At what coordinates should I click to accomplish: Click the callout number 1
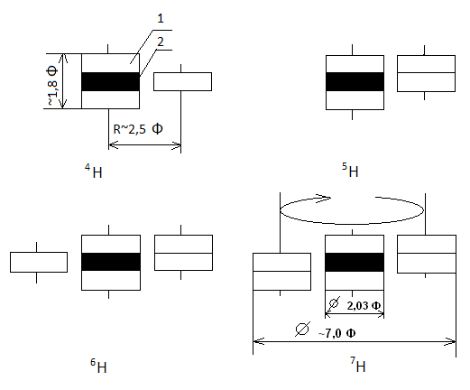pyautogui.click(x=161, y=19)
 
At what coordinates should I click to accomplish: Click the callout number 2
pyautogui.click(x=161, y=42)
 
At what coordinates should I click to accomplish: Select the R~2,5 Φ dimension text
pyautogui.click(x=138, y=129)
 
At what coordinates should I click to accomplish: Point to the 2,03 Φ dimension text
pyautogui.click(x=364, y=306)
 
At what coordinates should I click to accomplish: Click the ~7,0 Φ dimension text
pyautogui.click(x=336, y=333)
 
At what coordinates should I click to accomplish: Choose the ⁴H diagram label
pyautogui.click(x=94, y=171)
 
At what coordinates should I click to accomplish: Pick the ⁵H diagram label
pyautogui.click(x=350, y=170)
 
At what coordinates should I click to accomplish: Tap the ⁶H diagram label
pyautogui.click(x=98, y=366)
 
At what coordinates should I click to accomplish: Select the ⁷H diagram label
pyautogui.click(x=358, y=365)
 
